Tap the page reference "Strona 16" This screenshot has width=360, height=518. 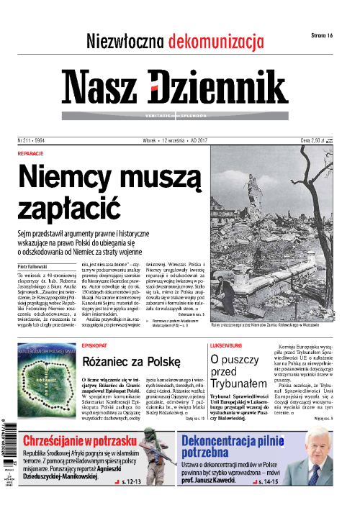tap(325, 35)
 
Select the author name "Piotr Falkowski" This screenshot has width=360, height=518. tap(37, 266)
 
